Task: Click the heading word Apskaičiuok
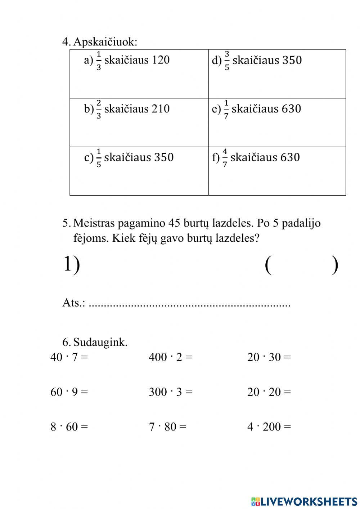click(105, 42)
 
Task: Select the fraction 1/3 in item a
click(99, 61)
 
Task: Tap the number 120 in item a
click(160, 60)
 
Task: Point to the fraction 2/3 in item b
click(99, 109)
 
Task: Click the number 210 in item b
click(160, 108)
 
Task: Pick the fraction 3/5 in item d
click(227, 61)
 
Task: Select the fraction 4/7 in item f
click(225, 158)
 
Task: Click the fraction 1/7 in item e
click(226, 109)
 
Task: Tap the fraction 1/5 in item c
click(99, 158)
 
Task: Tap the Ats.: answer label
click(74, 303)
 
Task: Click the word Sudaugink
click(100, 342)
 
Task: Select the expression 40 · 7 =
click(69, 357)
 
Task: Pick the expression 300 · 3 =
click(171, 392)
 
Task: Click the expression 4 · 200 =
click(269, 427)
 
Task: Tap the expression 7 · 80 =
click(168, 427)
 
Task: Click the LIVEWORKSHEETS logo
click(304, 501)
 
